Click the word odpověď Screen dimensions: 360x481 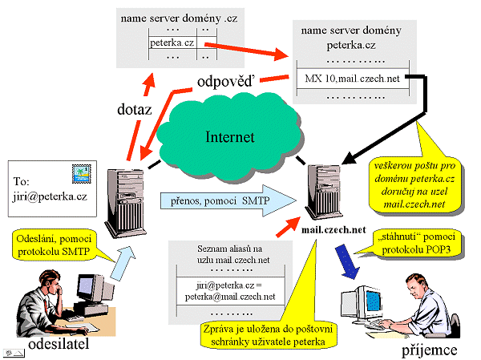pyautogui.click(x=228, y=80)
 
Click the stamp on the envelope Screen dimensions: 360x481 pyautogui.click(x=82, y=171)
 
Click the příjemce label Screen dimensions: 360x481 pyautogui.click(x=430, y=350)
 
